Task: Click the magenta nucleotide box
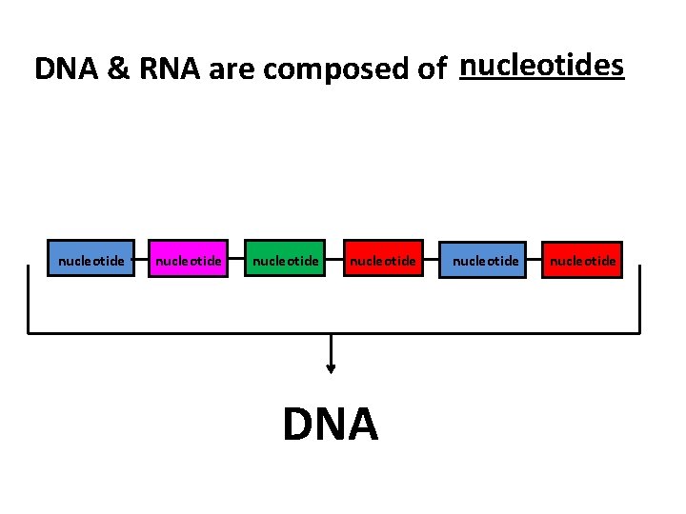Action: [x=188, y=259]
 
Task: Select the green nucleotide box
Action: [x=284, y=259]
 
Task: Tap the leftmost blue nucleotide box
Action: [x=91, y=259]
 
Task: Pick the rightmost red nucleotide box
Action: [x=582, y=259]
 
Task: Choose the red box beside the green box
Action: [x=381, y=259]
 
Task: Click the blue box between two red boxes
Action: [x=482, y=259]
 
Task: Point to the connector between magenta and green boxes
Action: [x=236, y=258]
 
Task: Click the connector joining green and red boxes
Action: [x=333, y=258]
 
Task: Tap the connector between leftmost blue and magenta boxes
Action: [x=140, y=258]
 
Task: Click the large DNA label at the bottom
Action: [x=331, y=425]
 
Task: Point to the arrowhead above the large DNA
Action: [x=331, y=369]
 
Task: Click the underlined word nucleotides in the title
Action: [x=541, y=66]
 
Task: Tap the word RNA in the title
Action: [x=169, y=69]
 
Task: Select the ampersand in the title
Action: [x=119, y=69]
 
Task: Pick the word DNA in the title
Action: [x=67, y=69]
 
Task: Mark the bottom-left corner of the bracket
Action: [x=29, y=332]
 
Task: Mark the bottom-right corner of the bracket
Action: [x=639, y=332]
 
